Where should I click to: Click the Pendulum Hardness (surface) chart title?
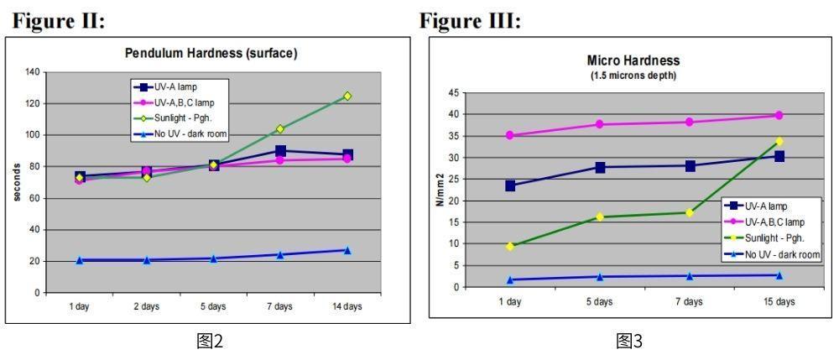pyautogui.click(x=211, y=54)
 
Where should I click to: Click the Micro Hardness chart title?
pyautogui.click(x=633, y=60)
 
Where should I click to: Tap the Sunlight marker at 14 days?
pyautogui.click(x=347, y=96)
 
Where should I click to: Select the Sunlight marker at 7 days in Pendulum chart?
pyautogui.click(x=280, y=129)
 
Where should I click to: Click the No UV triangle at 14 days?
pyautogui.click(x=347, y=250)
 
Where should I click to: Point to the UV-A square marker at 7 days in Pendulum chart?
pyautogui.click(x=280, y=151)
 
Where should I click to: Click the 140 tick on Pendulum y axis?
pyautogui.click(x=34, y=72)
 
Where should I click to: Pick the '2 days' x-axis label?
pyautogui.click(x=146, y=306)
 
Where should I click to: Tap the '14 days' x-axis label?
pyautogui.click(x=347, y=306)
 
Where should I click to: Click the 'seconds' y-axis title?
pyautogui.click(x=16, y=183)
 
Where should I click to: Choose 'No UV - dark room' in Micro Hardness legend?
pyautogui.click(x=782, y=255)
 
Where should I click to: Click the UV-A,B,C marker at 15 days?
pyautogui.click(x=779, y=115)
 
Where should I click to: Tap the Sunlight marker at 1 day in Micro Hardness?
pyautogui.click(x=510, y=246)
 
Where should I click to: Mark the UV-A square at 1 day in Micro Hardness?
pyautogui.click(x=510, y=185)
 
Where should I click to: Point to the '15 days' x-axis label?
pyautogui.click(x=779, y=301)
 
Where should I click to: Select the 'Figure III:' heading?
pyautogui.click(x=471, y=21)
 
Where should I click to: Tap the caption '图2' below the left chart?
pyautogui.click(x=211, y=341)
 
